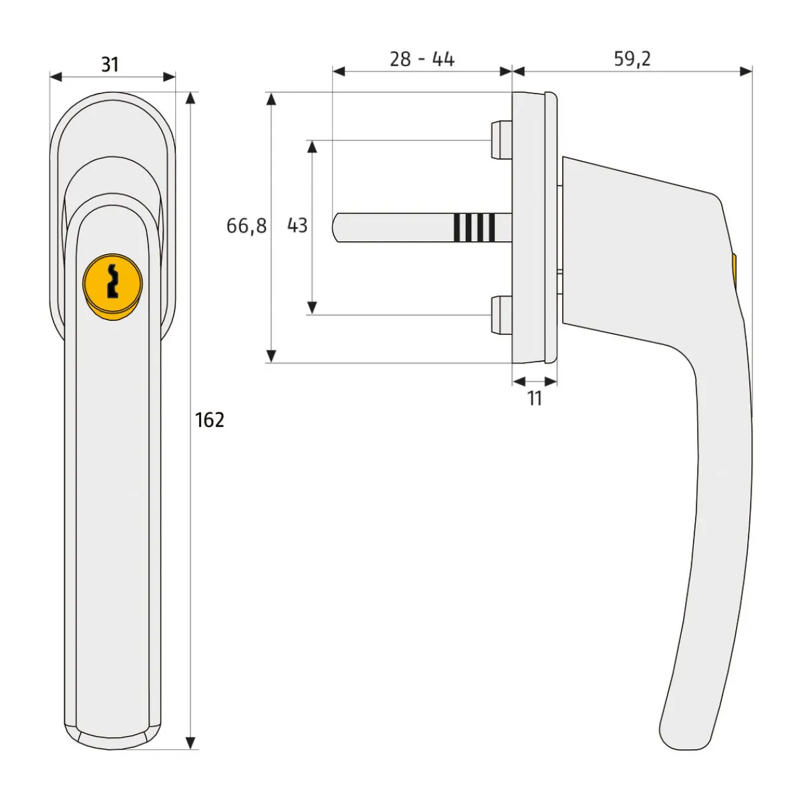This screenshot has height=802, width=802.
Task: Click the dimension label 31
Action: (x=110, y=65)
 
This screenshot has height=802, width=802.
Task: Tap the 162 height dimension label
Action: (x=210, y=420)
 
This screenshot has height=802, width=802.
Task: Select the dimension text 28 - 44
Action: (x=422, y=59)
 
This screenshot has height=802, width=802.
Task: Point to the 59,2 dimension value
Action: (x=632, y=59)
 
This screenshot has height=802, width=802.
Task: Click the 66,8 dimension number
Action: (x=247, y=226)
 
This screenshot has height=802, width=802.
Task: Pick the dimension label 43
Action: (x=297, y=225)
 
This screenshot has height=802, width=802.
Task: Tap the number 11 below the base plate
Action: (x=535, y=398)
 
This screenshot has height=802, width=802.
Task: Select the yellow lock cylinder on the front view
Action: (x=113, y=285)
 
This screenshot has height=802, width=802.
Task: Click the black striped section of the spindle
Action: (x=475, y=227)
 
